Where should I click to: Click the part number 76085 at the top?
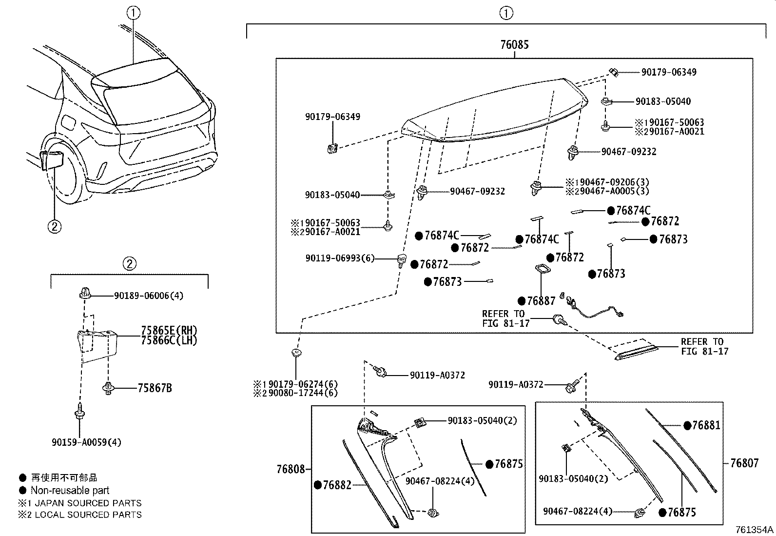(x=514, y=44)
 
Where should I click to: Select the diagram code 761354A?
(x=754, y=530)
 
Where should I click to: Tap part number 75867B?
(x=155, y=388)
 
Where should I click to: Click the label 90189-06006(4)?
(x=149, y=296)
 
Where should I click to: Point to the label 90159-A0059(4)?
(x=86, y=442)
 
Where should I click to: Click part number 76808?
(x=291, y=469)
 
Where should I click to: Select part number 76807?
(x=744, y=463)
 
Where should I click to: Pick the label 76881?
(x=706, y=425)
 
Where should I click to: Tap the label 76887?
(x=541, y=301)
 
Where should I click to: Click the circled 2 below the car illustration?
(x=54, y=226)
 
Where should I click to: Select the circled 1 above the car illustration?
(x=133, y=13)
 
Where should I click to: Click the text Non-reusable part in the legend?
(x=70, y=490)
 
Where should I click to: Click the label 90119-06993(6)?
(x=340, y=258)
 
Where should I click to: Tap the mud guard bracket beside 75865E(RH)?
(x=97, y=345)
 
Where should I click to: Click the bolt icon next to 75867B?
(x=108, y=388)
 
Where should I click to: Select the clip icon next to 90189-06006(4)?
(x=84, y=295)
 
